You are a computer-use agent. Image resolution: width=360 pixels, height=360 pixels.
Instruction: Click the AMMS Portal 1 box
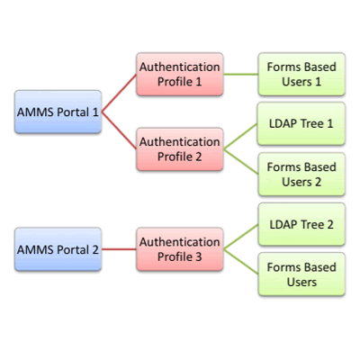[58, 112]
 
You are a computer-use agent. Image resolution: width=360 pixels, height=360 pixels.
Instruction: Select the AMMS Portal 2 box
[58, 249]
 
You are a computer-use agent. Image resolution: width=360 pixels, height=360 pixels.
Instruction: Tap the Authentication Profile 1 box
[178, 75]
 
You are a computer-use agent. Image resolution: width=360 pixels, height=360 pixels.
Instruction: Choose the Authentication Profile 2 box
[178, 149]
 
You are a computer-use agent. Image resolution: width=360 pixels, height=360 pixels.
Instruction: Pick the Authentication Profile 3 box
[178, 249]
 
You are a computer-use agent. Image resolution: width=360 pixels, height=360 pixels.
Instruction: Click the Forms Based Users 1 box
[301, 75]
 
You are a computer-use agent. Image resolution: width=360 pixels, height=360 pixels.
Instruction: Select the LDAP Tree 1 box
[301, 123]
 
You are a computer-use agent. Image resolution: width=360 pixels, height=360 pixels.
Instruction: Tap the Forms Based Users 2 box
[301, 174]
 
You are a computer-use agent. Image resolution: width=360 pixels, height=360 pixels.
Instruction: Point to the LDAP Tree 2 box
[301, 224]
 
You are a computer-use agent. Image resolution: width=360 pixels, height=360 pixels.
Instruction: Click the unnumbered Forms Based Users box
[301, 274]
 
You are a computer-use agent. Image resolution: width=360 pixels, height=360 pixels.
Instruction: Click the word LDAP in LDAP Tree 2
[282, 224]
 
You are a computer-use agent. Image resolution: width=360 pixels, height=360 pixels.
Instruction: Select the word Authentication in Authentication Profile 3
[178, 241]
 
